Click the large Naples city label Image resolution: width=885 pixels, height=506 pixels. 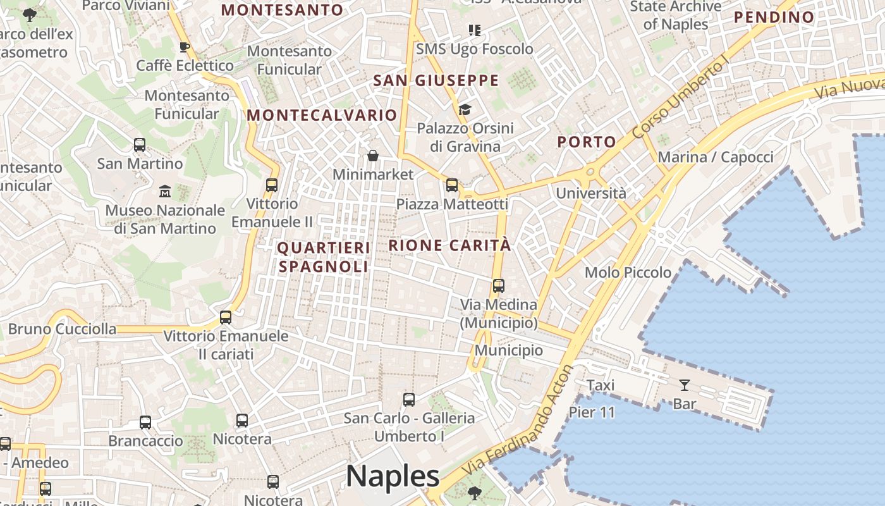[x=392, y=476]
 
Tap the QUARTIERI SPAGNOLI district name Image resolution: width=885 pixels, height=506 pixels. [x=323, y=257]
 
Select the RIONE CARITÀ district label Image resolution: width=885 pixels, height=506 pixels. [x=449, y=245]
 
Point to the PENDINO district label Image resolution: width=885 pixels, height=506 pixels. [x=774, y=17]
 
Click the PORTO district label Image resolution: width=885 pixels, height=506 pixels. [x=586, y=142]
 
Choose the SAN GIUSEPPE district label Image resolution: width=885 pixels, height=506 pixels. [x=436, y=81]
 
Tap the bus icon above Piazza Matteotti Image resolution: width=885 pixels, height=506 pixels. [x=452, y=185]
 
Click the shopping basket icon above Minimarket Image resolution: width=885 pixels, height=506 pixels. [x=373, y=156]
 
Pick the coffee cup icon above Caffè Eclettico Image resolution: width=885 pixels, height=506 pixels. [x=185, y=47]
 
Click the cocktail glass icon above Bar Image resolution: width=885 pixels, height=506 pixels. [x=684, y=385]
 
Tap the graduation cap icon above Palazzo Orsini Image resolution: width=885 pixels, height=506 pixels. [x=465, y=109]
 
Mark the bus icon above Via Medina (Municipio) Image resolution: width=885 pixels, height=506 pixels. [x=499, y=285]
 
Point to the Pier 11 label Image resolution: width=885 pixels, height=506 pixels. [x=592, y=412]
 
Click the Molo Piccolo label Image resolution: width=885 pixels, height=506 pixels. [x=628, y=273]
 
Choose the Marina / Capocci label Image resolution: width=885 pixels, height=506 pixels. [x=716, y=157]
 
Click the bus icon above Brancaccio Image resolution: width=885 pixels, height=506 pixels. [x=145, y=422]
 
